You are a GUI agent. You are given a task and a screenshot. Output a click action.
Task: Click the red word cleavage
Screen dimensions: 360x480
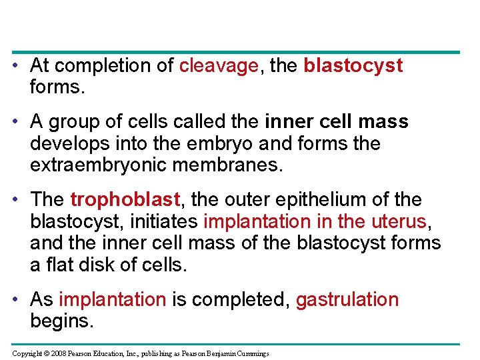coord(219,66)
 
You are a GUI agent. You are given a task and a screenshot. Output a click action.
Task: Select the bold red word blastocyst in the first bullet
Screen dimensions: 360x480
coord(353,66)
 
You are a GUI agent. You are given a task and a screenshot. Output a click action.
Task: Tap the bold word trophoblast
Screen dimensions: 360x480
coord(125,200)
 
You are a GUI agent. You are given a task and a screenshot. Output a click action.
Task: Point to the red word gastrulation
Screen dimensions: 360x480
coord(347,301)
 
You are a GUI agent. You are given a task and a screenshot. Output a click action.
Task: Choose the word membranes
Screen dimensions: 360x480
coord(233,165)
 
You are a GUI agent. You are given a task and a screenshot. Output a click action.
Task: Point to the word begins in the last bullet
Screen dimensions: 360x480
coord(62,322)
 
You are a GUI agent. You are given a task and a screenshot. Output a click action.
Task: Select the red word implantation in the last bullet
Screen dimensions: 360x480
coord(112,301)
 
